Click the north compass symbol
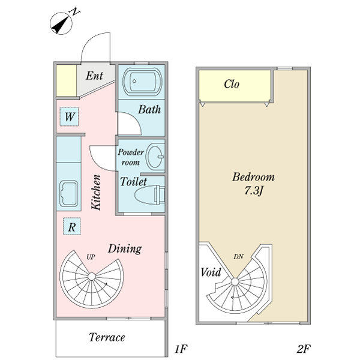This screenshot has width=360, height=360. pyautogui.click(x=62, y=23)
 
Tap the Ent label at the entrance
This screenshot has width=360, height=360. pyautogui.click(x=94, y=76)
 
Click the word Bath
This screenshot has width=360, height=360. pyautogui.click(x=149, y=110)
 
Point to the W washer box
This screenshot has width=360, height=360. pyautogui.click(x=70, y=117)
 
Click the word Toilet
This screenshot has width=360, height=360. pyautogui.click(x=133, y=181)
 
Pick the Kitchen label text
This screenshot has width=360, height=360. pyautogui.click(x=96, y=191)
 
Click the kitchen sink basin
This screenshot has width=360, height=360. pyautogui.click(x=67, y=194)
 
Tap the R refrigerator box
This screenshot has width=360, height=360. pyautogui.click(x=71, y=227)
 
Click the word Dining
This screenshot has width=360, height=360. pyautogui.click(x=124, y=248)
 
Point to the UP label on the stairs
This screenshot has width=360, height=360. pyautogui.click(x=91, y=257)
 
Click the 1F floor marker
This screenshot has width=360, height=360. pyautogui.click(x=181, y=349)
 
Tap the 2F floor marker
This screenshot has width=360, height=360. pyautogui.click(x=304, y=349)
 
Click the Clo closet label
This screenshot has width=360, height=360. pyautogui.click(x=232, y=85)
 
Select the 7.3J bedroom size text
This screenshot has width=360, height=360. pyautogui.click(x=253, y=191)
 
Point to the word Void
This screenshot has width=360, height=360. pyautogui.click(x=211, y=272)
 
